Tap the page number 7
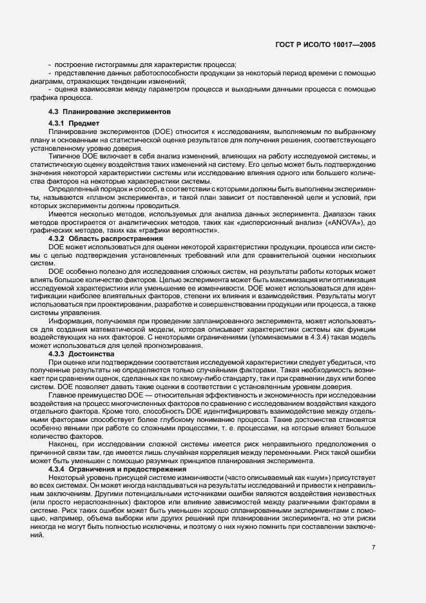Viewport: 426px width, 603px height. click(x=373, y=547)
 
